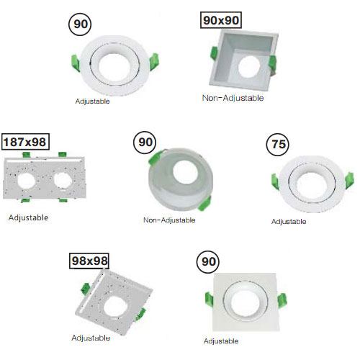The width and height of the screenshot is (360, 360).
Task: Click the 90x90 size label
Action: pos(221,20)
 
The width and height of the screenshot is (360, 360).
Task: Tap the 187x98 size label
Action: pos(25,142)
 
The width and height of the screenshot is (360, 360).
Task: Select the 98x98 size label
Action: pos(89,261)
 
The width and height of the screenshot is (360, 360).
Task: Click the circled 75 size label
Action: pos(278,145)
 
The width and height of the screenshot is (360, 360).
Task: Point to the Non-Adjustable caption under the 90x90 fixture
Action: pos(233,98)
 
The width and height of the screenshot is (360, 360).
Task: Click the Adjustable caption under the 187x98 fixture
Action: pos(28,217)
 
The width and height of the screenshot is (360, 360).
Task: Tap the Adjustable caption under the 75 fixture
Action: pos(289,221)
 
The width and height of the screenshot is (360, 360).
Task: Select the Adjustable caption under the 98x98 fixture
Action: pos(91,338)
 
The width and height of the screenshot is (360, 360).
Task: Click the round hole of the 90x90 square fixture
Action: pos(249,66)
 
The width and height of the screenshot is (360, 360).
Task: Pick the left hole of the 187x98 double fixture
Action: pos(27,181)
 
